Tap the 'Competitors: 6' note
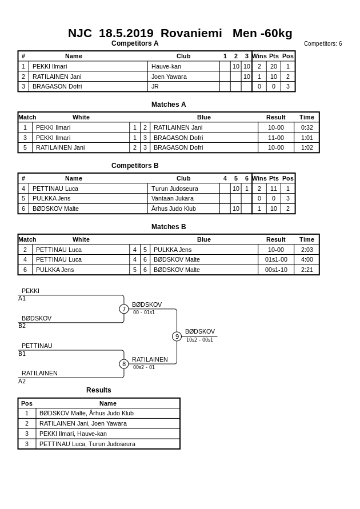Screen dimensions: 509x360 pos(323,44)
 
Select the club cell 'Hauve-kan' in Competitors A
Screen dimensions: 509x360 pos(166,66)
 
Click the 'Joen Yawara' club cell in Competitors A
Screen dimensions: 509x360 pos(169,77)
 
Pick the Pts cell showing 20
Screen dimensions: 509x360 pos(274,66)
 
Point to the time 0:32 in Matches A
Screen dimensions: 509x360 pos(307,127)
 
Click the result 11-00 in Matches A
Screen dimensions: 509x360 pos(276,138)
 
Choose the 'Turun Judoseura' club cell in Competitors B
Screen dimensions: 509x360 pos(175,189)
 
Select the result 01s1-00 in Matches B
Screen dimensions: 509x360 pos(276,260)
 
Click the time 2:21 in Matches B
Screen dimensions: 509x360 pos(307,270)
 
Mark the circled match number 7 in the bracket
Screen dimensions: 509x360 pos(124,309)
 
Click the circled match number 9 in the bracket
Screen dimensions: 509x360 pos(177,336)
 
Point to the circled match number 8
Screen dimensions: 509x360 pos(124,364)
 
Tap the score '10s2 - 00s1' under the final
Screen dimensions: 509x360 pos(199,340)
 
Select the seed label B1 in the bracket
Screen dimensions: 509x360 pos(22,354)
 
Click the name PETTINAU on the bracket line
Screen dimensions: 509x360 pos(37,346)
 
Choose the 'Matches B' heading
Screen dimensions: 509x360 pos(169,227)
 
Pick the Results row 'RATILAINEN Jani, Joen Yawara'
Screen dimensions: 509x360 pos(83,423)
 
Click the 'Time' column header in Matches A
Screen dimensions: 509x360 pos(307,117)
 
